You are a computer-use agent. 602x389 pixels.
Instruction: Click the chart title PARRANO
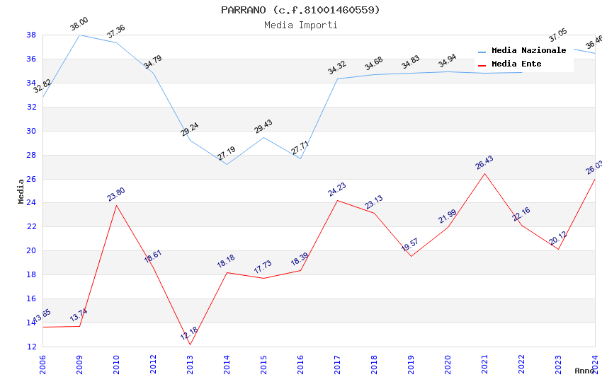tap(300, 10)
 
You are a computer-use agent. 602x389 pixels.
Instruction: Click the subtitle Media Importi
tap(300, 25)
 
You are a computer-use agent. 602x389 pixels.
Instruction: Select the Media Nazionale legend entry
tap(528, 51)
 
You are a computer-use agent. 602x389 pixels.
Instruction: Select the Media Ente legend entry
tap(516, 64)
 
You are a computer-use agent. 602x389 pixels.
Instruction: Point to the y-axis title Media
tap(21, 191)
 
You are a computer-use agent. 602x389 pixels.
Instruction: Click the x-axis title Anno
tap(584, 371)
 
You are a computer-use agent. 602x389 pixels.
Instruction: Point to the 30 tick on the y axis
tap(31, 131)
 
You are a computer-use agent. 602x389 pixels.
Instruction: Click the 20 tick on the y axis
tap(31, 250)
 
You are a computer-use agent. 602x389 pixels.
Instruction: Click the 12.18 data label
tap(189, 334)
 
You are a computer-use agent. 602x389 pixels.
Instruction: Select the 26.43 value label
tap(484, 163)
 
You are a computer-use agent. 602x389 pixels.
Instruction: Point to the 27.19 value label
tap(226, 153)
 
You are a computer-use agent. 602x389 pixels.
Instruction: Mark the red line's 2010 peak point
tap(116, 205)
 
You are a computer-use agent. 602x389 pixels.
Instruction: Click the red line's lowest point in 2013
tap(190, 344)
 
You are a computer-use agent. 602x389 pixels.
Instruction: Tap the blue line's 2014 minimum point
tap(227, 164)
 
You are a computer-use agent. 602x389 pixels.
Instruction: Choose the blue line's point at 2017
tap(337, 79)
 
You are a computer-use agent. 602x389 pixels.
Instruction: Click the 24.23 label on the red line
tap(336, 190)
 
